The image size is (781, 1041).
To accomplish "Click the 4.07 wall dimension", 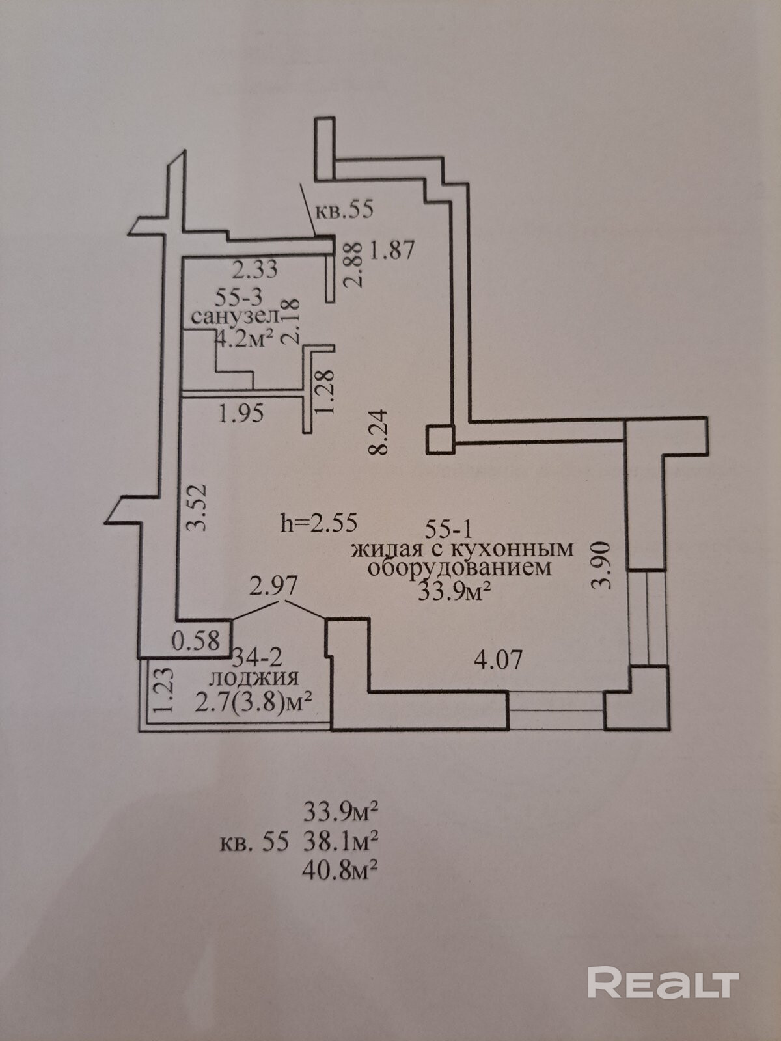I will [498, 660].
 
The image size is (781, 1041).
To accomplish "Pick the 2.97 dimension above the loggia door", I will [274, 587].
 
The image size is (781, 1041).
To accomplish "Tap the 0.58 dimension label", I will [196, 641].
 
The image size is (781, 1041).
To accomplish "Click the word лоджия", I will [253, 678].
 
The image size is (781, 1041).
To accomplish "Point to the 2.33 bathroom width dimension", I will [255, 268].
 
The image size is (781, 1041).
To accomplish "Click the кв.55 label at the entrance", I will [344, 210].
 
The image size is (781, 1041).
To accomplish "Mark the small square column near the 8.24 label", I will [439, 439].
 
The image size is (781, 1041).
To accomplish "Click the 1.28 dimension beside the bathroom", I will [325, 390].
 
